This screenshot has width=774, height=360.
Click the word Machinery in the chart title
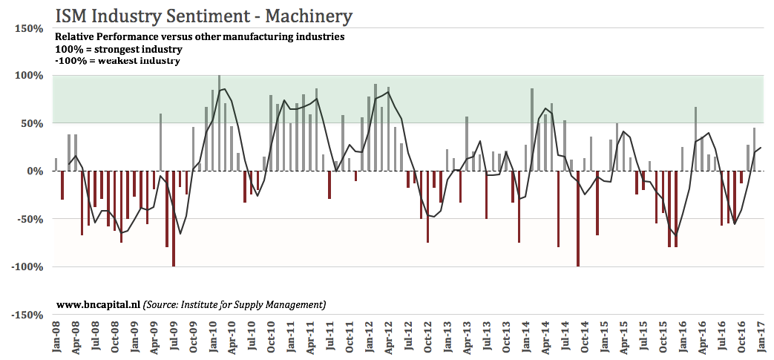pos(309,16)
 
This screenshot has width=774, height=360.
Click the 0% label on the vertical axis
pos(35,171)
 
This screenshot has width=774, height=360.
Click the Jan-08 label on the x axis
pos(56,338)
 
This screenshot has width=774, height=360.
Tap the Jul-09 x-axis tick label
pos(173,338)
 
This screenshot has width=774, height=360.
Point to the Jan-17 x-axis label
pos(762,338)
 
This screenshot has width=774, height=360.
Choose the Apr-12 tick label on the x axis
pos(388,338)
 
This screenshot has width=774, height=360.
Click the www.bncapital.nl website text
pos(98,304)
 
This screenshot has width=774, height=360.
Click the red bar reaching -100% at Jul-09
pos(173,219)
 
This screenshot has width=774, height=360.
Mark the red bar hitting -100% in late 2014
pos(578,219)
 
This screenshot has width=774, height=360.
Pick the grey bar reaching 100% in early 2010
pos(219,123)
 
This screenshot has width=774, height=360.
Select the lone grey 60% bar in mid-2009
pos(160,143)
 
